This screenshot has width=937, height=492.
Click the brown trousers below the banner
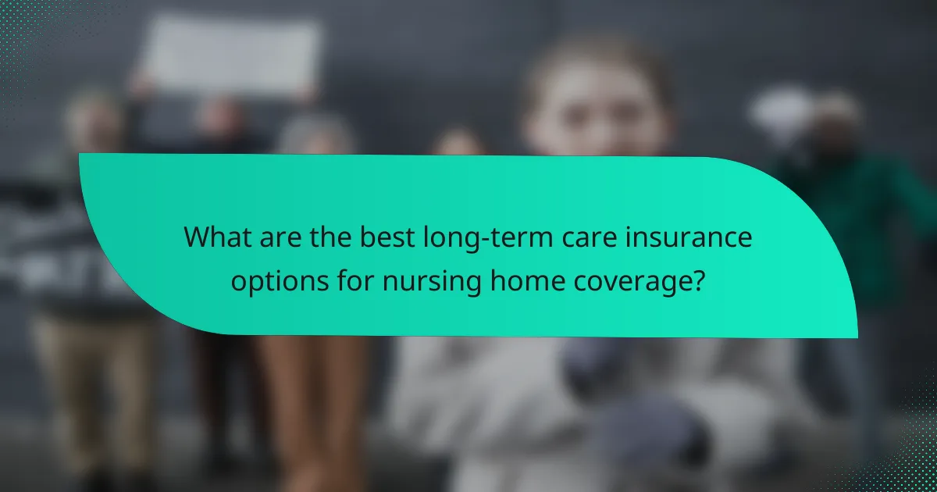[x=312, y=406]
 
